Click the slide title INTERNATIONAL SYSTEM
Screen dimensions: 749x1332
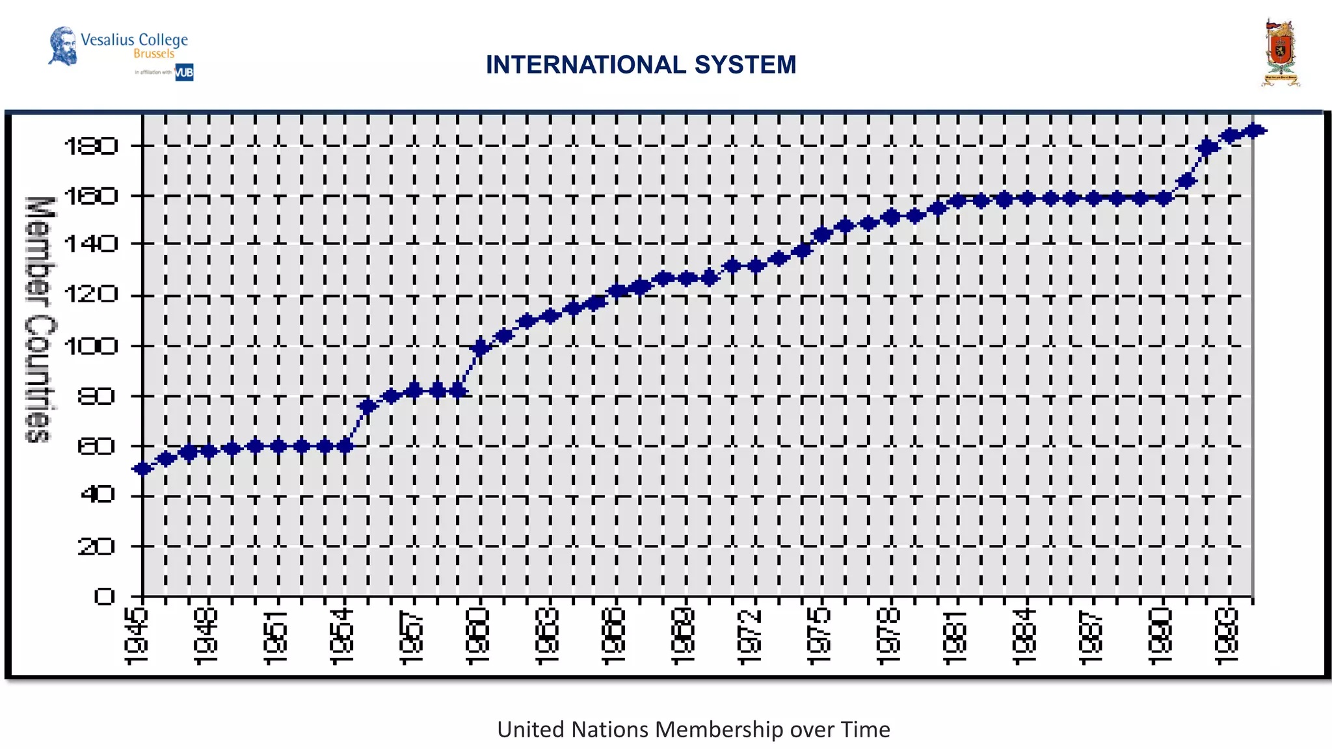click(x=641, y=65)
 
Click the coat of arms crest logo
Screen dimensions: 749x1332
click(x=1280, y=53)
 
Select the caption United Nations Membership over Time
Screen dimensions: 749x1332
click(x=693, y=729)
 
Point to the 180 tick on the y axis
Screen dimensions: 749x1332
click(x=92, y=146)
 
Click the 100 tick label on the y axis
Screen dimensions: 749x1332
click(x=92, y=346)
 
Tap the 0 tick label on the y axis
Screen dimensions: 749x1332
click(x=104, y=596)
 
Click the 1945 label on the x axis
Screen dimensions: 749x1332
click(x=136, y=637)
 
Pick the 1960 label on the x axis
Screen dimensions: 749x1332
click(x=477, y=637)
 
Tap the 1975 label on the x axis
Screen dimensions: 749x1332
click(x=819, y=637)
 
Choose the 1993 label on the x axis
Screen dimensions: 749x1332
click(x=1227, y=637)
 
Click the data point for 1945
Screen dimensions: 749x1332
click(x=142, y=469)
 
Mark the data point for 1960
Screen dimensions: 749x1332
click(x=481, y=348)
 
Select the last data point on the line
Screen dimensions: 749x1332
click(x=1254, y=131)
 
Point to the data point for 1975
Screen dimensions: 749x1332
click(x=822, y=235)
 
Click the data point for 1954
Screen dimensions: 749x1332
click(x=345, y=446)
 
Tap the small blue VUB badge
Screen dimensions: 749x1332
click(x=184, y=72)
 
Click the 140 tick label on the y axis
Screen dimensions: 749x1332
click(x=92, y=244)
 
